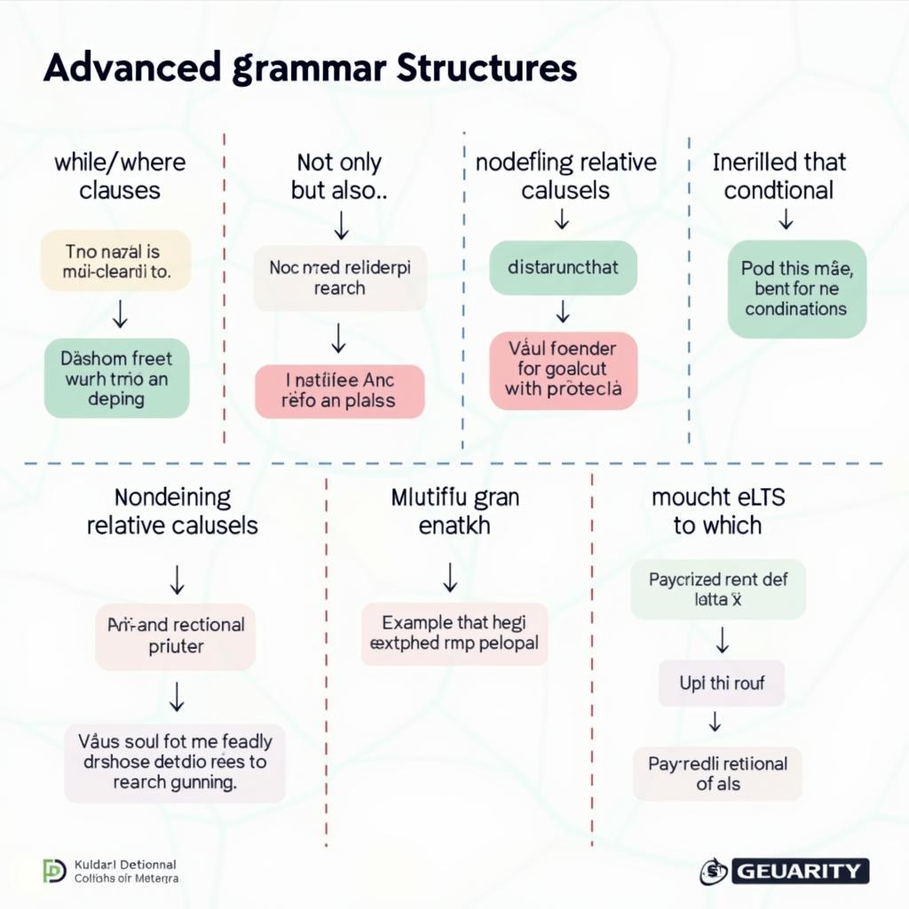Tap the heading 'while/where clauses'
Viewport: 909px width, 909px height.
tap(120, 176)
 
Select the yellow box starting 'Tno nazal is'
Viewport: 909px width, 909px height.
tap(115, 260)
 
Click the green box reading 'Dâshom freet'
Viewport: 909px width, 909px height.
tap(116, 378)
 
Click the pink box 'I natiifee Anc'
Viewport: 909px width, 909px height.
tap(339, 391)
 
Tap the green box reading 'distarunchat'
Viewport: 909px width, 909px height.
tap(563, 266)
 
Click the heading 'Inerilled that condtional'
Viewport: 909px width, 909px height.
tap(779, 176)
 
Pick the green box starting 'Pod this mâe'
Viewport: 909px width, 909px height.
tap(796, 288)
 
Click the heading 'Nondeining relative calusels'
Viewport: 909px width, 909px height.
tap(172, 511)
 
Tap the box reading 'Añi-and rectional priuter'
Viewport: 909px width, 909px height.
tap(176, 636)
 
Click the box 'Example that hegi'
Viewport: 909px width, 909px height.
tap(454, 633)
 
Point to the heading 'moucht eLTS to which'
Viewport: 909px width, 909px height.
tap(717, 511)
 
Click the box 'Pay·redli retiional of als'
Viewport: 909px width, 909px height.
tap(717, 772)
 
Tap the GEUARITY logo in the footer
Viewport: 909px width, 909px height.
tap(785, 871)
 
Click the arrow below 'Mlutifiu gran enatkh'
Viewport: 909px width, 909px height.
tap(450, 578)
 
